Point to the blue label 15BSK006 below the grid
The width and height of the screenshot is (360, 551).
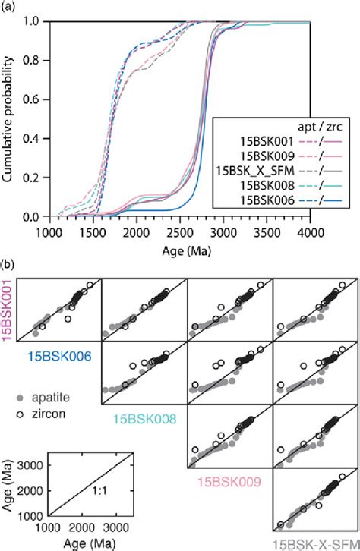56,354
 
